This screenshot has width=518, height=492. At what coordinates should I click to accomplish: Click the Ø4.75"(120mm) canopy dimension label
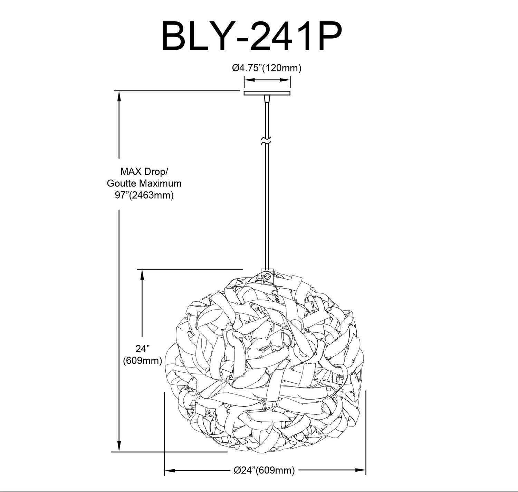267,68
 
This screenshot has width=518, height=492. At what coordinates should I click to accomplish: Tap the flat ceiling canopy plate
267,93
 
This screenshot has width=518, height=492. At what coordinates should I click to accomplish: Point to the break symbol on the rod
266,141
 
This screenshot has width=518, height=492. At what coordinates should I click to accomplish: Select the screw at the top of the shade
267,276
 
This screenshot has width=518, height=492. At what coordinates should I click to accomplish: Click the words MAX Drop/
144,172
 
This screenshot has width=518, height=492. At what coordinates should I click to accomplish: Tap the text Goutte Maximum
144,183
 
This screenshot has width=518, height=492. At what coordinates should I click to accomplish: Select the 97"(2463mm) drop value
144,195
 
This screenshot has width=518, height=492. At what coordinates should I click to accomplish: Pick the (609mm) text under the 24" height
143,360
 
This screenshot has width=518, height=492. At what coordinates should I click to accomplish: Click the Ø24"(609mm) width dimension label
264,470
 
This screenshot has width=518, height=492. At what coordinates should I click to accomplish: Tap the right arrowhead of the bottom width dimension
360,470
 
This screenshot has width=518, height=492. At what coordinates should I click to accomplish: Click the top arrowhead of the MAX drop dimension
119,97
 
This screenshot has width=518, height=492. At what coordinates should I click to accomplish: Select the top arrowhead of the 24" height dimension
143,275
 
